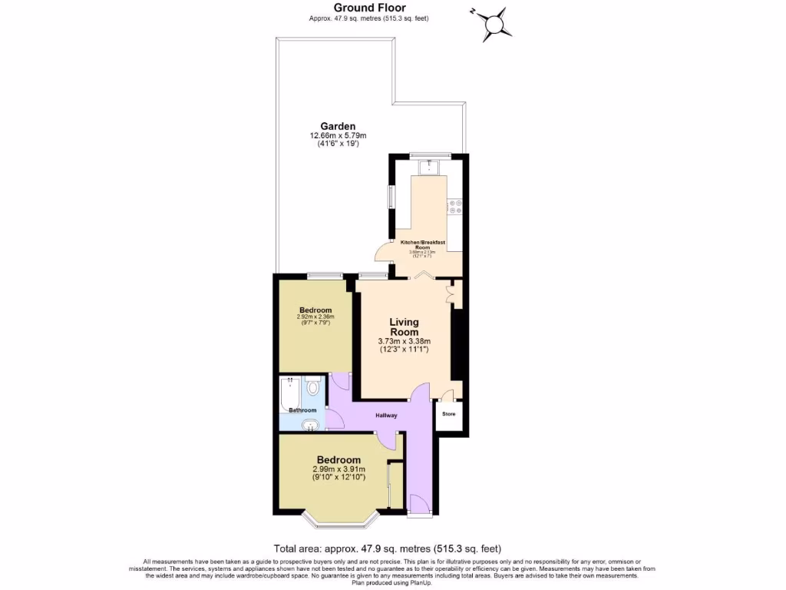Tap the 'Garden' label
click(338, 126)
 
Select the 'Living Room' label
click(404, 327)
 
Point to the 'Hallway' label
click(386, 416)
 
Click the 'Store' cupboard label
click(449, 415)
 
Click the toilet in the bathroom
click(312, 387)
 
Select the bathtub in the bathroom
click(290, 392)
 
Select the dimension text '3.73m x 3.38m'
click(404, 342)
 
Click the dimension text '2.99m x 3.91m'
click(339, 470)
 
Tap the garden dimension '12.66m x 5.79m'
click(338, 136)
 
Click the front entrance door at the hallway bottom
click(419, 505)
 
